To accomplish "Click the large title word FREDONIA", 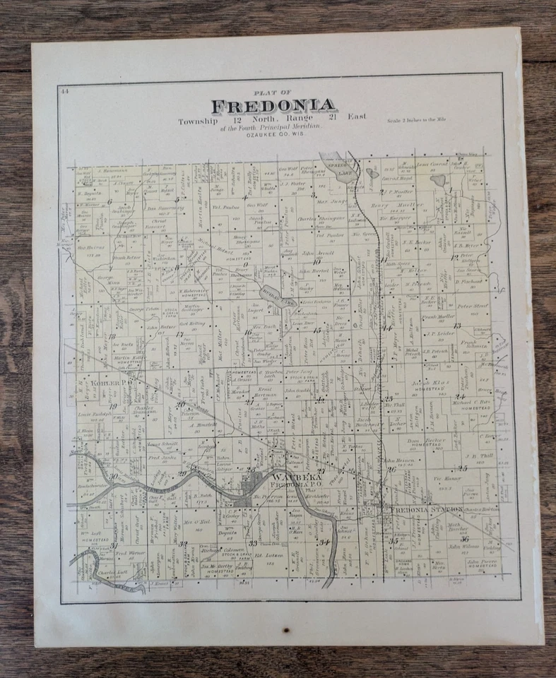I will click(273, 107).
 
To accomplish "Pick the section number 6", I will click(111, 201).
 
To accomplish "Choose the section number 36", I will click(463, 539).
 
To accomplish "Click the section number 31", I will click(113, 545).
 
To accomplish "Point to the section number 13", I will click(457, 326).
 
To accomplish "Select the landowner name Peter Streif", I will click(473, 306).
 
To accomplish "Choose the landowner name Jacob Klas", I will click(421, 381).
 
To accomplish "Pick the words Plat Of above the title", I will click(272, 93).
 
